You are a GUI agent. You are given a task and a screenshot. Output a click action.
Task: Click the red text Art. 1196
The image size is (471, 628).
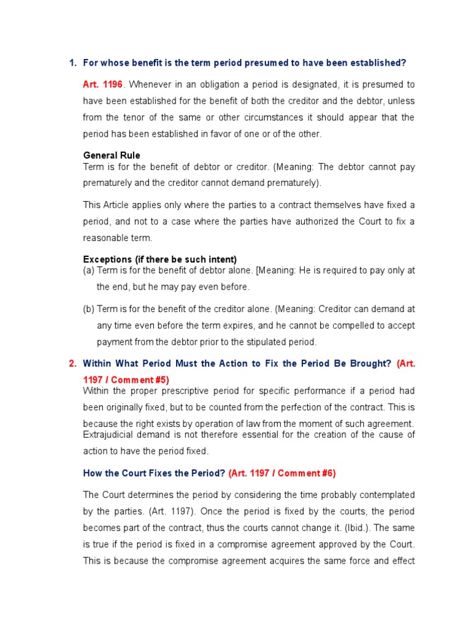click(x=102, y=84)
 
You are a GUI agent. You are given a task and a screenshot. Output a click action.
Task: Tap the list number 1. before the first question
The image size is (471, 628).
click(x=72, y=63)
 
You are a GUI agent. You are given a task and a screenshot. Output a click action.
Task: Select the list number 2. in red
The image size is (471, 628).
click(x=72, y=364)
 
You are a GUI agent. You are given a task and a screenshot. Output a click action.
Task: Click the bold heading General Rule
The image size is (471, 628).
click(x=112, y=156)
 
